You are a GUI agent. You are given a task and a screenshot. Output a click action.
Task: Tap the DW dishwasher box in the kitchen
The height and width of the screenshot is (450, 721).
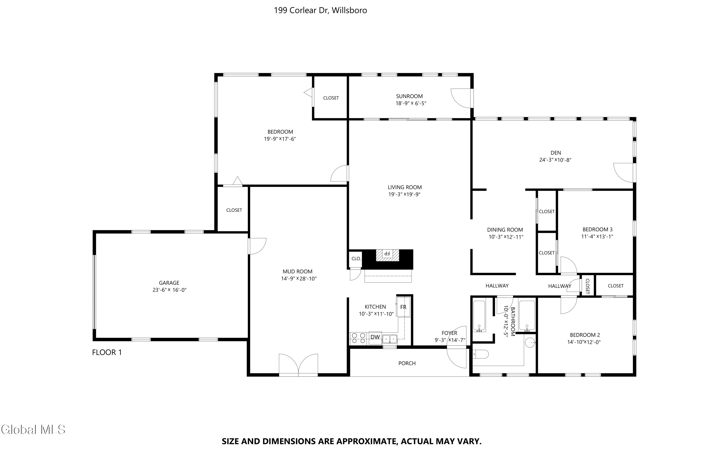coord(375,338)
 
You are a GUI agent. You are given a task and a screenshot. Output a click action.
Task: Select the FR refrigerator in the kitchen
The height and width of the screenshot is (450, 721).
coord(403,307)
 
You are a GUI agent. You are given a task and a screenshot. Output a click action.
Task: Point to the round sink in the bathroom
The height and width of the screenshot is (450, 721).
coord(530,343)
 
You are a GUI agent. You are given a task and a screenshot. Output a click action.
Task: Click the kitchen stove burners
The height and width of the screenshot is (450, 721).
coord(358,338)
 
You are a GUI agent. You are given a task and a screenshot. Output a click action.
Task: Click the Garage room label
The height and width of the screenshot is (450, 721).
coord(169,283)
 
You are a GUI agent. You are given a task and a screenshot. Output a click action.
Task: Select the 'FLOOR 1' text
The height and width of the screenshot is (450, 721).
coord(107,352)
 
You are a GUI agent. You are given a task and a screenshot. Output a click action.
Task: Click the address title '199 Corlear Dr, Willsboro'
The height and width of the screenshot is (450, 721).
coord(320,10)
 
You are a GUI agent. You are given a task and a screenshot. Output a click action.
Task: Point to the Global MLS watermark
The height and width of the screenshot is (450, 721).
coord(33,430)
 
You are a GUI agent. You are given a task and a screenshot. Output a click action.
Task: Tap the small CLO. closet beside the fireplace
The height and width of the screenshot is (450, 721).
coord(356,259)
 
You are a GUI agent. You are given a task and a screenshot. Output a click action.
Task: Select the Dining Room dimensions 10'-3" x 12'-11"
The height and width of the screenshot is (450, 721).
coord(506,237)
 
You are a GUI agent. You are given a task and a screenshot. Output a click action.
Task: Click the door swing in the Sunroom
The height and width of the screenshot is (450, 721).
coord(462,98)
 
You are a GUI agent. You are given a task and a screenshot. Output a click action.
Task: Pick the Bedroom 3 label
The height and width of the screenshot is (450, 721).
coord(597,229)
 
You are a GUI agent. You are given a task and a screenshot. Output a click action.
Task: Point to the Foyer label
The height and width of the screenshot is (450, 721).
coord(449,333)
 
